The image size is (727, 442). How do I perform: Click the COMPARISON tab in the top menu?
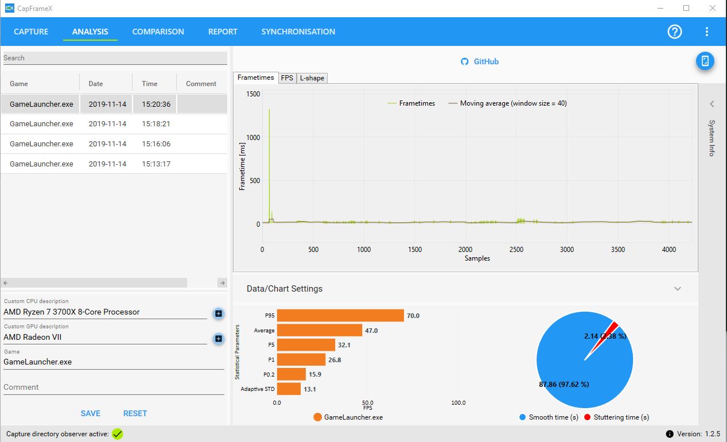158,32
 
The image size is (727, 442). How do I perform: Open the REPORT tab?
223,32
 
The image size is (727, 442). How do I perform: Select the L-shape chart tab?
312,78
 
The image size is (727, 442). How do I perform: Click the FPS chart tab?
287,78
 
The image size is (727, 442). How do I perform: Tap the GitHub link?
479,61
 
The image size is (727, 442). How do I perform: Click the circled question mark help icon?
674,32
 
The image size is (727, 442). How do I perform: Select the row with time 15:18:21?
114,124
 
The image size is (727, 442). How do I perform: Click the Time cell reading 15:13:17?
156,164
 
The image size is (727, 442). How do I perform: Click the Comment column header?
201,83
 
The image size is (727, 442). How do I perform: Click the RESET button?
135,413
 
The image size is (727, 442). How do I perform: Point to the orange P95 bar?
340,315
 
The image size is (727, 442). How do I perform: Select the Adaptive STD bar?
289,389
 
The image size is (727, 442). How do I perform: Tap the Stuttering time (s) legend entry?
616,417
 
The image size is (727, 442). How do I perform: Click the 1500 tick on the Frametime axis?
253,94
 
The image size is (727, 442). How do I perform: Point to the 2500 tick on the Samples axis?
516,250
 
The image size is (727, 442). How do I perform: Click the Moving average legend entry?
507,103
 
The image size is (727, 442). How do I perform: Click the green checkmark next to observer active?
117,434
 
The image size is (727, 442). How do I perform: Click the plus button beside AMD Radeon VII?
219,339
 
